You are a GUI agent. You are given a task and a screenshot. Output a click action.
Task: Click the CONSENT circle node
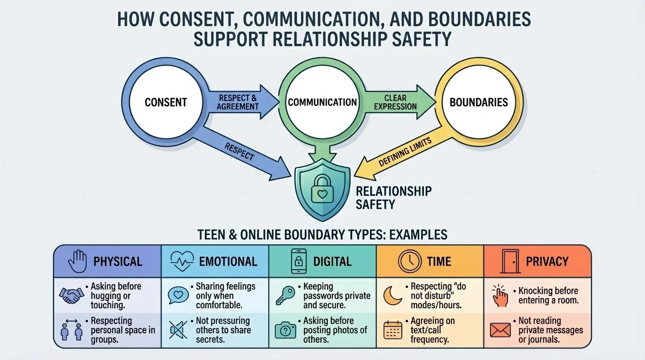(165, 102)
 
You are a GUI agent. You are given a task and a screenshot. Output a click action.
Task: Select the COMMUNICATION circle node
(322, 102)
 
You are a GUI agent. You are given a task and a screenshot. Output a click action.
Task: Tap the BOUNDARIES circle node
(479, 102)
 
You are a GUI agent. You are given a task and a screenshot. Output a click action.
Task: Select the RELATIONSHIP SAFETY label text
(393, 197)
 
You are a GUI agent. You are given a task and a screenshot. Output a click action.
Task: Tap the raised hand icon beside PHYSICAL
(77, 261)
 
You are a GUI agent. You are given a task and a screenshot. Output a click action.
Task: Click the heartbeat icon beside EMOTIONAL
(182, 261)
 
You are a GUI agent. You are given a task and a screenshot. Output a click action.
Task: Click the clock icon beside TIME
(410, 261)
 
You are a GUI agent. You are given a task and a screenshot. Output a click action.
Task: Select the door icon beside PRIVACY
(509, 261)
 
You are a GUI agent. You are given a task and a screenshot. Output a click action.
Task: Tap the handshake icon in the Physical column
(72, 295)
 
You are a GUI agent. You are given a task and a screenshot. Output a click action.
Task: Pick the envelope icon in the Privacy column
(500, 330)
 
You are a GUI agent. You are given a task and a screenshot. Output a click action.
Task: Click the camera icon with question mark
(285, 330)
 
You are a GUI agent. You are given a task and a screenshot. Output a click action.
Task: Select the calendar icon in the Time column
(393, 330)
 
